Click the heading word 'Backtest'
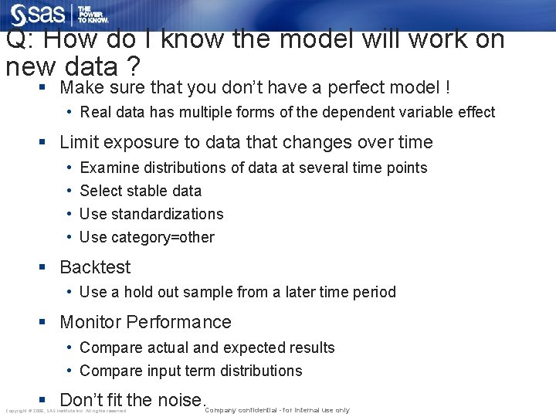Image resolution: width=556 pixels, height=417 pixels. click(95, 267)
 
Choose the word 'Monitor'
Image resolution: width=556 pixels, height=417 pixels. click(90, 322)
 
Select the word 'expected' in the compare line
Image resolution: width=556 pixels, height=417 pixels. click(255, 347)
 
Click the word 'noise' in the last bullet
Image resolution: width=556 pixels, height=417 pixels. click(179, 400)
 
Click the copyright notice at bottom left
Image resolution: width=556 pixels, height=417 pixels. click(66, 411)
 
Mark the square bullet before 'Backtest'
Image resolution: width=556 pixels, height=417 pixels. click(44, 267)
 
